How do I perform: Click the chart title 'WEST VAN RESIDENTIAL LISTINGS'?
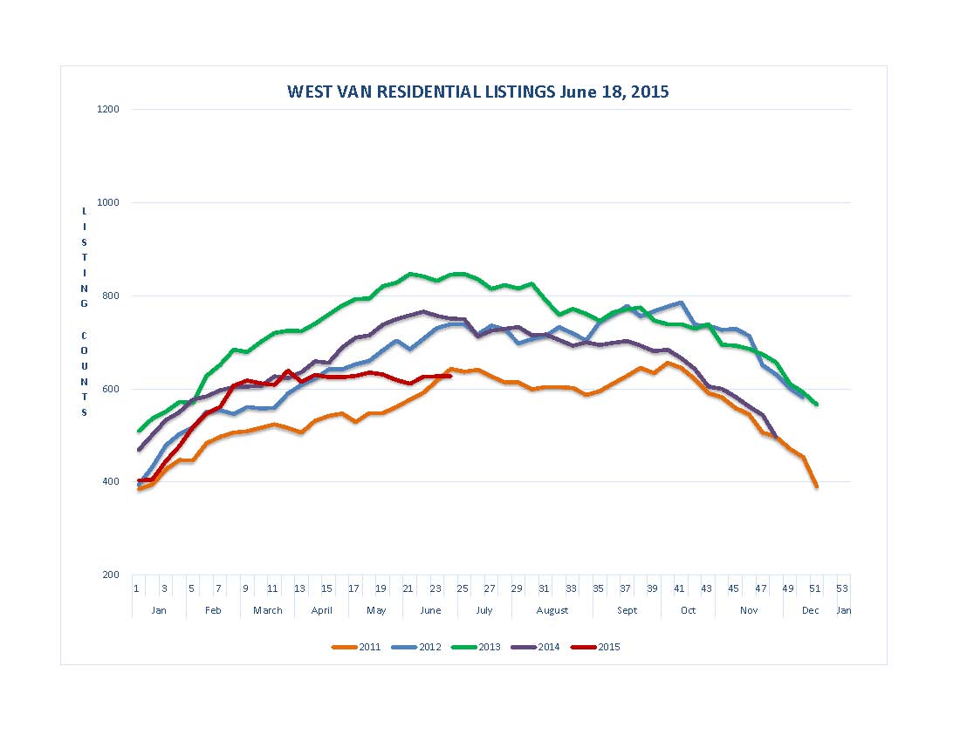477,92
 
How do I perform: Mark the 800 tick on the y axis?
111,296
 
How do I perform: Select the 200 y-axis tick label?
111,575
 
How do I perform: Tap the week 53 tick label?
842,588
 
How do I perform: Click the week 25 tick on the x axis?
463,588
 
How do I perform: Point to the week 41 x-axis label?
680,588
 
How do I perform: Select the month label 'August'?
552,610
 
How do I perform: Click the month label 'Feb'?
213,610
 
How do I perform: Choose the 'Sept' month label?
627,610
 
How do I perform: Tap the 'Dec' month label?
811,610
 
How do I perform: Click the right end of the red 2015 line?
449,376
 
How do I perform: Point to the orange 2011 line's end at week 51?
816,486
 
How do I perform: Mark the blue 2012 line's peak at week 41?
680,303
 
